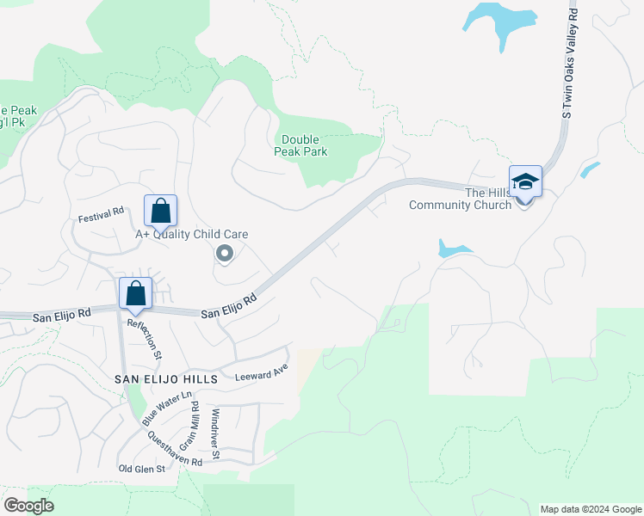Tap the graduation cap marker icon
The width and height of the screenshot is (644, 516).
[525, 181]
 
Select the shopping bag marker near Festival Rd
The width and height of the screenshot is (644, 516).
[160, 210]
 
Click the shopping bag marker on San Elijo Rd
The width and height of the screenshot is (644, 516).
[136, 293]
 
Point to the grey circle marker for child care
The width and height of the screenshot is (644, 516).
[225, 253]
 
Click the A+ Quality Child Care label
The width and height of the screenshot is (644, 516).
[192, 234]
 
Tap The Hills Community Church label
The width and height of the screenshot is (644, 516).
[460, 199]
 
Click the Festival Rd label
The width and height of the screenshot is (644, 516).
[102, 214]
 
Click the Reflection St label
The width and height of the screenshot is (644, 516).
[145, 339]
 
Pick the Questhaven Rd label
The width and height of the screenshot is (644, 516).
[174, 448]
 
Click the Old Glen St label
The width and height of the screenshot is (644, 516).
[141, 469]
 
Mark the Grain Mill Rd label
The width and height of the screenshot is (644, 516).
[195, 425]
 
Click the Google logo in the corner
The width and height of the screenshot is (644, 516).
[29, 507]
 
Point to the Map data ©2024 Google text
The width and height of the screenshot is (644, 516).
[591, 509]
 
